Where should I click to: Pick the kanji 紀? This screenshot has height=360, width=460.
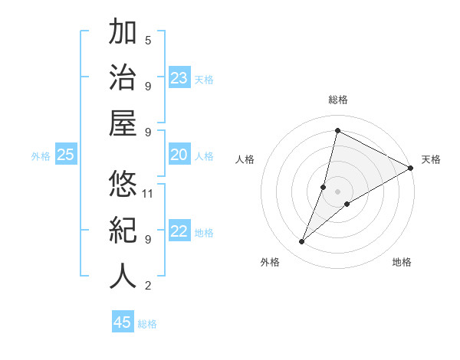pyautogui.click(x=123, y=230)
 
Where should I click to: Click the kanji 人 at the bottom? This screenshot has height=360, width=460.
pyautogui.click(x=123, y=276)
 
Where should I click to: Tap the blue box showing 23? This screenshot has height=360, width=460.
pyautogui.click(x=179, y=78)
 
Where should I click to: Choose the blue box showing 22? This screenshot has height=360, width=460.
pyautogui.click(x=179, y=232)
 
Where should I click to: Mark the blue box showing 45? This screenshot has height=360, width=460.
pyautogui.click(x=123, y=322)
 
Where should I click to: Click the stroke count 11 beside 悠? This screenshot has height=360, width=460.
pyautogui.click(x=148, y=193)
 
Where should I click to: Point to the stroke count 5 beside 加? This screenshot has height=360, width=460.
pyautogui.click(x=148, y=40)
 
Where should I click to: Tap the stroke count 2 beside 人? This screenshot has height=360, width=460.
pyautogui.click(x=148, y=286)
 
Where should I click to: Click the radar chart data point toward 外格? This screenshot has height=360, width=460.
pyautogui.click(x=301, y=242)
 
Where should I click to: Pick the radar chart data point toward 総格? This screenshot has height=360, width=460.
pyautogui.click(x=337, y=130)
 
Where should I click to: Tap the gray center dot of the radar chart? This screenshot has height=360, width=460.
pyautogui.click(x=337, y=191)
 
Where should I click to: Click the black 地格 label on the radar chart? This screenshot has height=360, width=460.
pyautogui.click(x=402, y=263)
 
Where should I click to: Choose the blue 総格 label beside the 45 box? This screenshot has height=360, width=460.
pyautogui.click(x=147, y=324)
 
